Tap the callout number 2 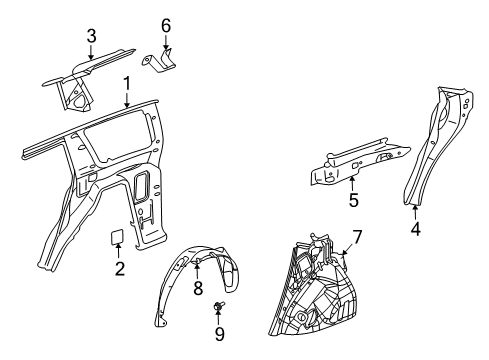click(x=119, y=269)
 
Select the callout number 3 click(x=91, y=36)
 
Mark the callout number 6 click(x=166, y=24)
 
